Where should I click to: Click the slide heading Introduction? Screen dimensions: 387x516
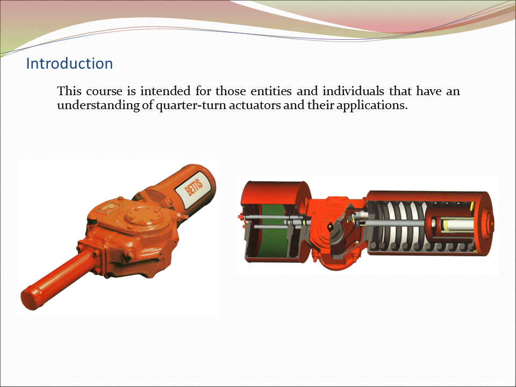coord(69,63)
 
